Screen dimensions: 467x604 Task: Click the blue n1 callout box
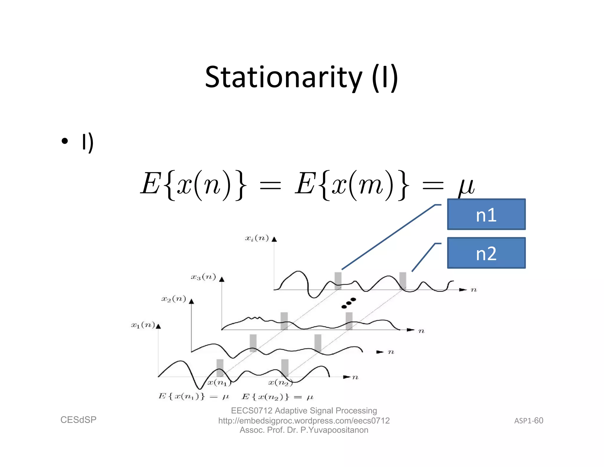click(x=486, y=214)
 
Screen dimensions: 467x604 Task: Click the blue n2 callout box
click(x=486, y=253)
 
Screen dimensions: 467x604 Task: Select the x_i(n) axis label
click(x=257, y=238)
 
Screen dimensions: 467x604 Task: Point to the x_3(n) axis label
click(x=203, y=277)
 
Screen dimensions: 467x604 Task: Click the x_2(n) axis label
click(x=173, y=299)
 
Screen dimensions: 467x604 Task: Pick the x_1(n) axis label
click(x=143, y=325)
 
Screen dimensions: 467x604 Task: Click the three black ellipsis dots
click(x=349, y=303)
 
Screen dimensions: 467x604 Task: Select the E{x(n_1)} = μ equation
click(x=193, y=396)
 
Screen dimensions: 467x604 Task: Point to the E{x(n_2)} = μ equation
click(x=277, y=396)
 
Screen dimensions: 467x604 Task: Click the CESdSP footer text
click(x=78, y=420)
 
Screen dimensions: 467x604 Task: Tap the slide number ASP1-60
click(x=528, y=421)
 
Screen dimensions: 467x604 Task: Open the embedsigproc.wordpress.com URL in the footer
click(x=304, y=421)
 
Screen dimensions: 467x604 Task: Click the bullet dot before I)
click(x=65, y=141)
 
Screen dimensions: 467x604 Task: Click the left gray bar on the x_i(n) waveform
click(x=338, y=280)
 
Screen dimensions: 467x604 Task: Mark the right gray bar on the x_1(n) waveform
click(x=285, y=368)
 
